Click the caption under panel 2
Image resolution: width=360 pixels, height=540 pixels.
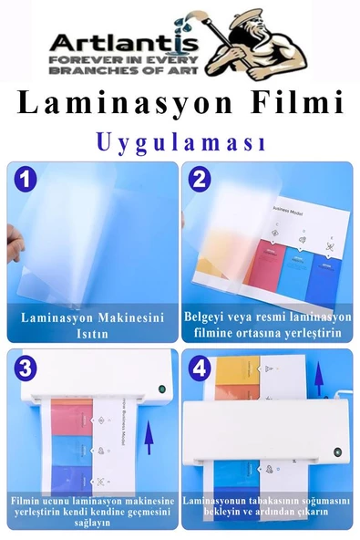[x=266, y=325]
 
